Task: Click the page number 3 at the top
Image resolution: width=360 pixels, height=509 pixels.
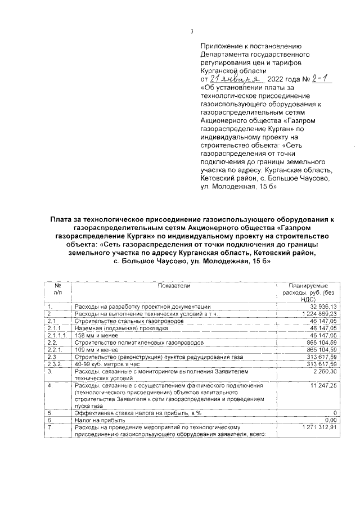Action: point(192,31)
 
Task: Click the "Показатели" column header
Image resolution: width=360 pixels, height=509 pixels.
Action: point(174,286)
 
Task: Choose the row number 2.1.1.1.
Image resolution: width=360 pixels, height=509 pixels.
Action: point(57,335)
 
